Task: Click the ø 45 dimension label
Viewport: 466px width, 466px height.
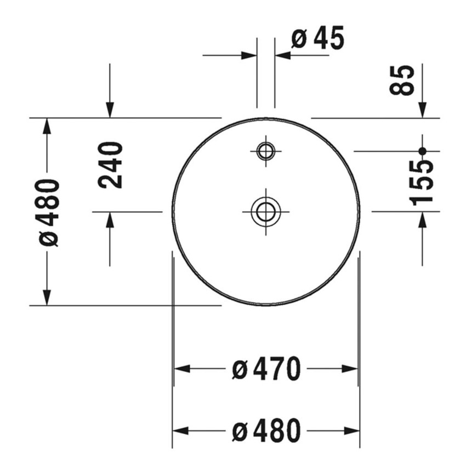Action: [317, 38]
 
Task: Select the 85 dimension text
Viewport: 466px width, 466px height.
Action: [401, 80]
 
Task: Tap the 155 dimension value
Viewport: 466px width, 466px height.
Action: [421, 183]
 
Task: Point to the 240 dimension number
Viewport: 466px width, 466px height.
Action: [110, 165]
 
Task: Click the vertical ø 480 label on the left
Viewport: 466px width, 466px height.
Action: [48, 213]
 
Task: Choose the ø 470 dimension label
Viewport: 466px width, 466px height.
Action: [266, 369]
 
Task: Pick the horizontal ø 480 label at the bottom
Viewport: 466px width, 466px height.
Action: [266, 430]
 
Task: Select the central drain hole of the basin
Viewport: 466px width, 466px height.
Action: [266, 198]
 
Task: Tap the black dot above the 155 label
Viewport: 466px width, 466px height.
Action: [422, 151]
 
